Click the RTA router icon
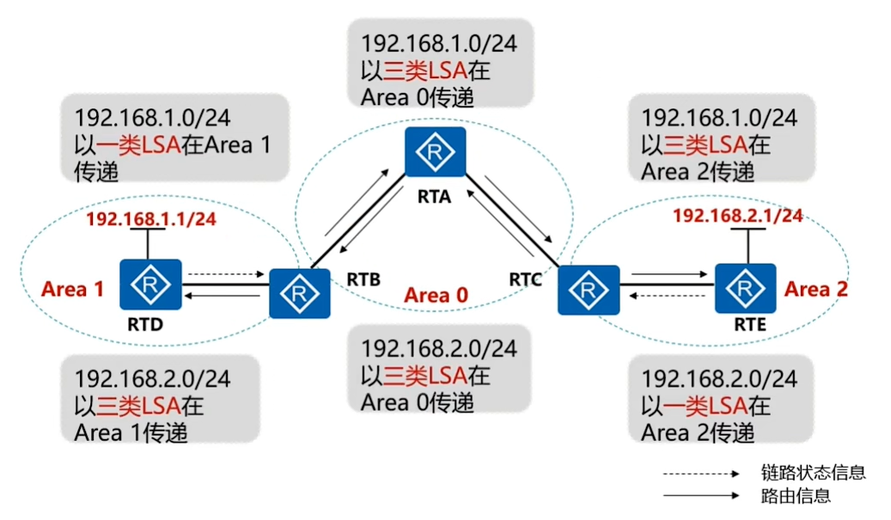(436, 152)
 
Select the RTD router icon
(150, 284)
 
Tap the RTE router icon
(745, 288)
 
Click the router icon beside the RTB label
(300, 293)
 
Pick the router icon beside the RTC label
(589, 290)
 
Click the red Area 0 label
(436, 295)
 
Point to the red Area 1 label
(73, 290)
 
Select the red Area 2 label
(816, 290)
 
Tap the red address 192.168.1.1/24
(151, 219)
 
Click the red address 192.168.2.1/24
(738, 216)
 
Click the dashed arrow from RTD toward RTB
(226, 274)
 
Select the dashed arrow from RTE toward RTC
(667, 296)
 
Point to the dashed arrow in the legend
(701, 474)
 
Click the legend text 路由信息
(796, 496)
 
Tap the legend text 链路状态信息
(813, 472)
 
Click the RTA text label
(434, 197)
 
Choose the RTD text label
(145, 325)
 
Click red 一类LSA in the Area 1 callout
(138, 145)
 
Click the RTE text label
(750, 325)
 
